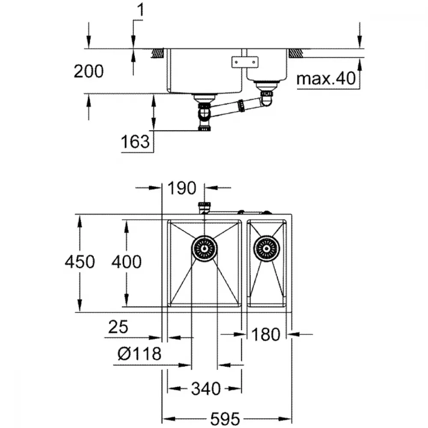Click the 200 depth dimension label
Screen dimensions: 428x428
(x=89, y=71)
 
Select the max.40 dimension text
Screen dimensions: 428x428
(x=326, y=78)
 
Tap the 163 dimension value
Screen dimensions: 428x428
(x=135, y=142)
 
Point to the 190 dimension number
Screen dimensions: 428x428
(x=182, y=188)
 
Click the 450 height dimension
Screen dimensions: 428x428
(x=80, y=262)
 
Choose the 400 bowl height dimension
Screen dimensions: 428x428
(x=126, y=262)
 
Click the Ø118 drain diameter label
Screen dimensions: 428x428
(x=140, y=354)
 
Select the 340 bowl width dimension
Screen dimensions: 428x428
(x=206, y=389)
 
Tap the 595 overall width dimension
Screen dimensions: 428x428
(x=225, y=419)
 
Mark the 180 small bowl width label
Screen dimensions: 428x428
(x=266, y=334)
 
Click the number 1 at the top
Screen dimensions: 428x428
(x=140, y=10)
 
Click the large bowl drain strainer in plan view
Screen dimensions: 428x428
(x=204, y=248)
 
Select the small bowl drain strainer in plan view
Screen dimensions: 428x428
(x=267, y=248)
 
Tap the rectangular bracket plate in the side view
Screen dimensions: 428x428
(x=245, y=62)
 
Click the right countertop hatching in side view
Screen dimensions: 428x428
(x=296, y=53)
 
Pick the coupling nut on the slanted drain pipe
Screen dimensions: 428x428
(x=241, y=106)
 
